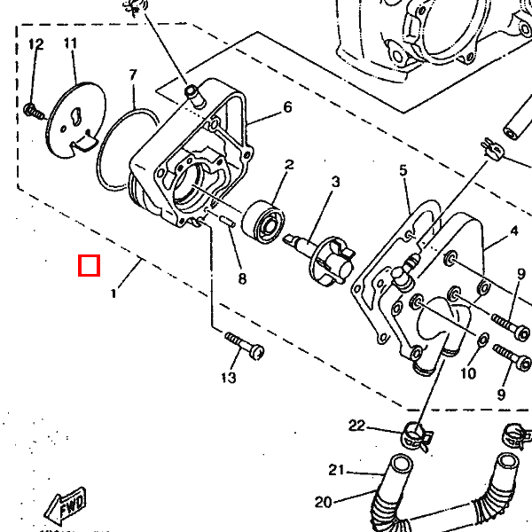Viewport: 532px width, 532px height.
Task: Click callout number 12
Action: (35, 44)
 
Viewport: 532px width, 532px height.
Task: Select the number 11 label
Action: (71, 43)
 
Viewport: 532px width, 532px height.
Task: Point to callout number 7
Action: (133, 74)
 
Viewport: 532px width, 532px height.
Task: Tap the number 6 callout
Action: (287, 107)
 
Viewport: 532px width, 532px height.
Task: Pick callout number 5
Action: (403, 169)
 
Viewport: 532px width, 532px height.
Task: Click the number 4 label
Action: (513, 233)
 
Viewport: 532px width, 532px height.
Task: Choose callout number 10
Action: (468, 373)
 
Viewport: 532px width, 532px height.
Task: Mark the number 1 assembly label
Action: (113, 293)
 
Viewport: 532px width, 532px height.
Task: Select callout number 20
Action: (323, 502)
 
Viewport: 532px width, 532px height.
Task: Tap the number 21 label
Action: (335, 470)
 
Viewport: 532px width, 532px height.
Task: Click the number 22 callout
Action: (356, 426)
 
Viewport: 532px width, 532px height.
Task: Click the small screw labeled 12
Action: (33, 110)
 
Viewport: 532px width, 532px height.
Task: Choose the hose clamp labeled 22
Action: (413, 435)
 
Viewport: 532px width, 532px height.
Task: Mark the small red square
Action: (89, 265)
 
